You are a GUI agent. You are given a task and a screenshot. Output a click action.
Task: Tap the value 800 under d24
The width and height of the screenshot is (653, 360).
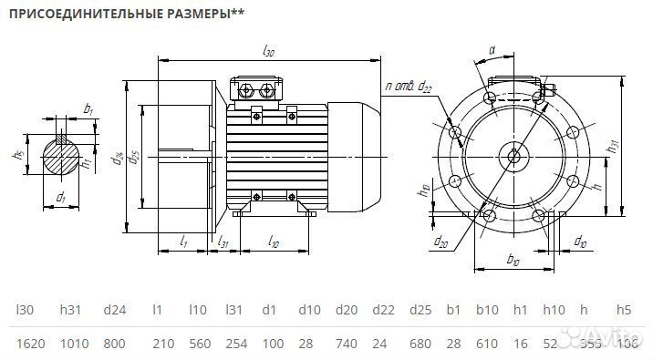[115, 344]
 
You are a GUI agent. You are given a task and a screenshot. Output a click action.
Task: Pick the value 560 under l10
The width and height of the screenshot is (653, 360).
[200, 344]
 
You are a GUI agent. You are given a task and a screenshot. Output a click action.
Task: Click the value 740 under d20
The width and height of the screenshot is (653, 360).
[347, 344]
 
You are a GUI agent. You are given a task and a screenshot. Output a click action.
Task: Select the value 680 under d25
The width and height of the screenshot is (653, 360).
[420, 344]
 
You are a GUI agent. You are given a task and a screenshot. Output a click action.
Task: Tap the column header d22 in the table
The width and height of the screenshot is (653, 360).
[385, 310]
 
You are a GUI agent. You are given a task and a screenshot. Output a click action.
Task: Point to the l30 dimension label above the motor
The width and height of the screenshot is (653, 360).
[268, 53]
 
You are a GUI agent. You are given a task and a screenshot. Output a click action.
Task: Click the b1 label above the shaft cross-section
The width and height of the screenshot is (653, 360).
[88, 109]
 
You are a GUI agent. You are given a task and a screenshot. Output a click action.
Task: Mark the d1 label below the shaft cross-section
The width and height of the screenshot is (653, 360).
[61, 196]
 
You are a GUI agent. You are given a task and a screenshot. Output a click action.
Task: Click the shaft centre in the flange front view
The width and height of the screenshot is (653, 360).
[515, 156]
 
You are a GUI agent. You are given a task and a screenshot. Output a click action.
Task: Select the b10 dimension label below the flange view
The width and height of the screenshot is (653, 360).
[512, 261]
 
